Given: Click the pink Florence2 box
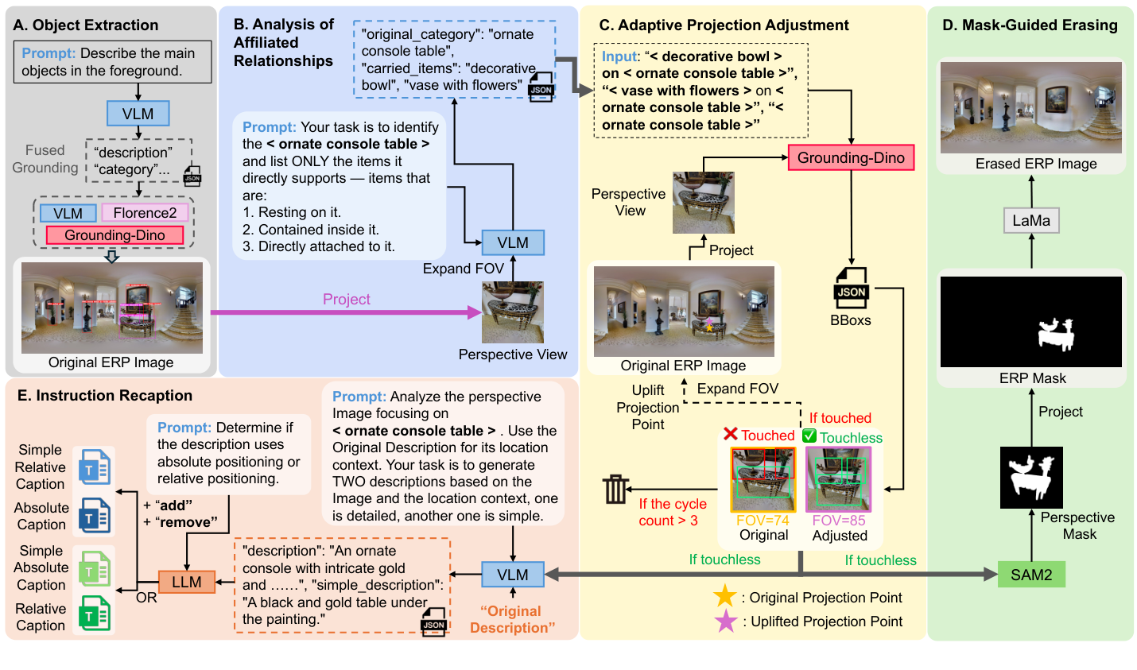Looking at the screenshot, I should [145, 213].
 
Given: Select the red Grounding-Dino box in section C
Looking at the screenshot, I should [851, 157].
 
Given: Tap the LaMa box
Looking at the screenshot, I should [1031, 220].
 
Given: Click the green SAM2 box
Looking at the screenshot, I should [1031, 575].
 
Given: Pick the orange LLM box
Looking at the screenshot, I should [187, 582].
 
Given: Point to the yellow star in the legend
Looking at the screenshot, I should [724, 597].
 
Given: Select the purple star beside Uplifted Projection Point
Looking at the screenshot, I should [726, 621].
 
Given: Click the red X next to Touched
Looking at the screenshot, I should [731, 434].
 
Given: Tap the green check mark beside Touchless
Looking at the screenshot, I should [809, 436].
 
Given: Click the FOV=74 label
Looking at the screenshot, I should [763, 521].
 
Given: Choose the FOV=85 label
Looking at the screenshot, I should [838, 521].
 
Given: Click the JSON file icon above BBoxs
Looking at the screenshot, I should [851, 289].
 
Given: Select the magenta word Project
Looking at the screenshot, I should [346, 300].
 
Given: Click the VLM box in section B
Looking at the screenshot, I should [513, 242].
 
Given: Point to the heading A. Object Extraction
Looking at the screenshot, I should [86, 25].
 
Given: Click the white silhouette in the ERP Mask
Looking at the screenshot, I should [1056, 334].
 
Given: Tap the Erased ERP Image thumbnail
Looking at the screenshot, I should [1030, 107].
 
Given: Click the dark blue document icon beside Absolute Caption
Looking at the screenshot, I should [95, 517].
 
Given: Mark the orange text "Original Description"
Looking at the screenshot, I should [513, 619].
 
